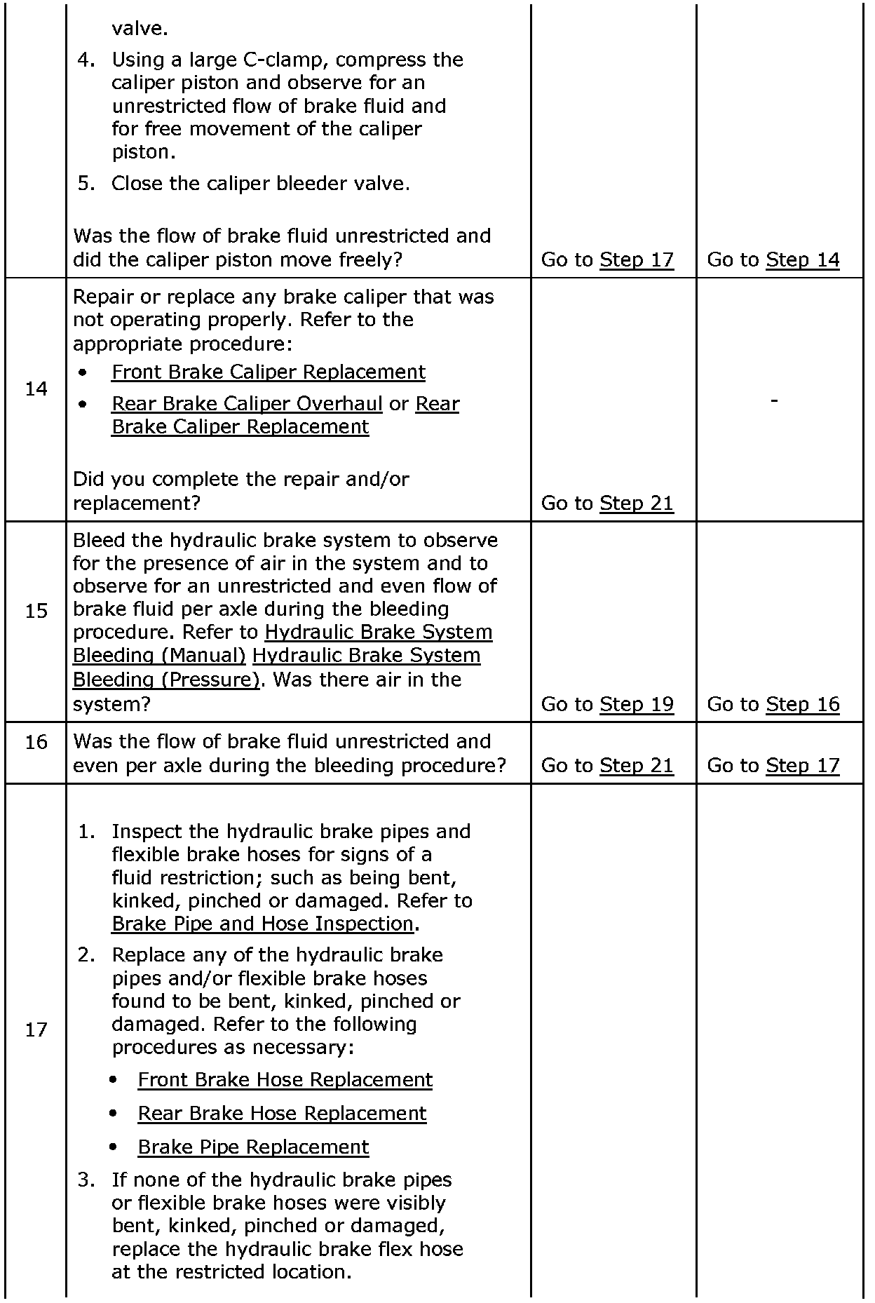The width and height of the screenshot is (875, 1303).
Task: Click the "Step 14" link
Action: coord(802,260)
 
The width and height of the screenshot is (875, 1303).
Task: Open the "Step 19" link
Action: coord(636,704)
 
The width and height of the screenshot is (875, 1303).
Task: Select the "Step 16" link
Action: coord(802,704)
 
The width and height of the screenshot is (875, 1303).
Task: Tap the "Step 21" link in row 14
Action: coord(636,504)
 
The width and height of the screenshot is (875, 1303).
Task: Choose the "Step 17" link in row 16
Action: coord(802,765)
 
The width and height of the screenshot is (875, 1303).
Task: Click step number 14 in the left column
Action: coord(36,389)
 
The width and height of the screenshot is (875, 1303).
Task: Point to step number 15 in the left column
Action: coord(36,612)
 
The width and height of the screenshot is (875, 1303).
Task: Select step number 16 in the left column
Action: coord(36,742)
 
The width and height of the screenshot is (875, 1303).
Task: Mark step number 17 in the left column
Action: coord(36,1030)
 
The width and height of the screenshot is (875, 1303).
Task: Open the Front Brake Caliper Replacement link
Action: coord(268,372)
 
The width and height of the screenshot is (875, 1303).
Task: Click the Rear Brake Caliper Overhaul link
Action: coord(247,404)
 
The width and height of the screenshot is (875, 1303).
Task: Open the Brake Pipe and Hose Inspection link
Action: coord(262,924)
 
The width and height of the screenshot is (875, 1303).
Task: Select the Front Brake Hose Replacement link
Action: coord(285,1079)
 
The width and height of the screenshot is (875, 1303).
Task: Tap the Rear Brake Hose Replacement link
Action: coord(282,1113)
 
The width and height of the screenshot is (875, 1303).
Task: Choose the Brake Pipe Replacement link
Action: coord(253,1147)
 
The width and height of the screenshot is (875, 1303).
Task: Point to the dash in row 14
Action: coord(774,400)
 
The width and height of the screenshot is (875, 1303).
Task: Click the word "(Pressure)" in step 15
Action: coord(215,680)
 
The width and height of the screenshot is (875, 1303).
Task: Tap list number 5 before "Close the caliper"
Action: coord(86,184)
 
